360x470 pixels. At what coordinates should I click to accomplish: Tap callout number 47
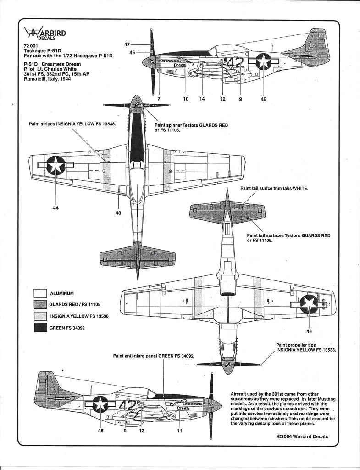[x=127, y=45]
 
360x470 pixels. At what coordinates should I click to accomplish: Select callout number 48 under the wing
[x=118, y=213]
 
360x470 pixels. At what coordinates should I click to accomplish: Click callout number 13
[x=141, y=431]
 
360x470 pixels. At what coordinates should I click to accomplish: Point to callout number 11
[x=180, y=431]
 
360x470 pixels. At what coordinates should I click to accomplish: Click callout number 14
[x=203, y=99]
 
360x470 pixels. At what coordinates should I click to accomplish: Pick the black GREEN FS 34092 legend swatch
[x=41, y=328]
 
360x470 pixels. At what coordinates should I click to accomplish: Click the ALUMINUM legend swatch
[x=41, y=292]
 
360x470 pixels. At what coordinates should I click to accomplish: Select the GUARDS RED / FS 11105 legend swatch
[x=41, y=304]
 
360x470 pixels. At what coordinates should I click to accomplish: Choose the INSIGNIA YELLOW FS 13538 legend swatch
[x=41, y=316]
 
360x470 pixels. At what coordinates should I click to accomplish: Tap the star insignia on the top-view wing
[x=55, y=164]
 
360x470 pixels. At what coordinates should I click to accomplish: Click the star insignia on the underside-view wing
[x=310, y=304]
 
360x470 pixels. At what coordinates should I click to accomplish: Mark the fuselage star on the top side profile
[x=263, y=62]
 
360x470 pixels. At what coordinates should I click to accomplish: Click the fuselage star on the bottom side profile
[x=100, y=404]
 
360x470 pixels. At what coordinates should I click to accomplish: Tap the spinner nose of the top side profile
[x=148, y=62]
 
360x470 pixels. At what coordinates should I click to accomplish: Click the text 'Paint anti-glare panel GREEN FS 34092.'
[x=154, y=355]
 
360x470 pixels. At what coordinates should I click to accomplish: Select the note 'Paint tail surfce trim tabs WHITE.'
[x=274, y=188]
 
